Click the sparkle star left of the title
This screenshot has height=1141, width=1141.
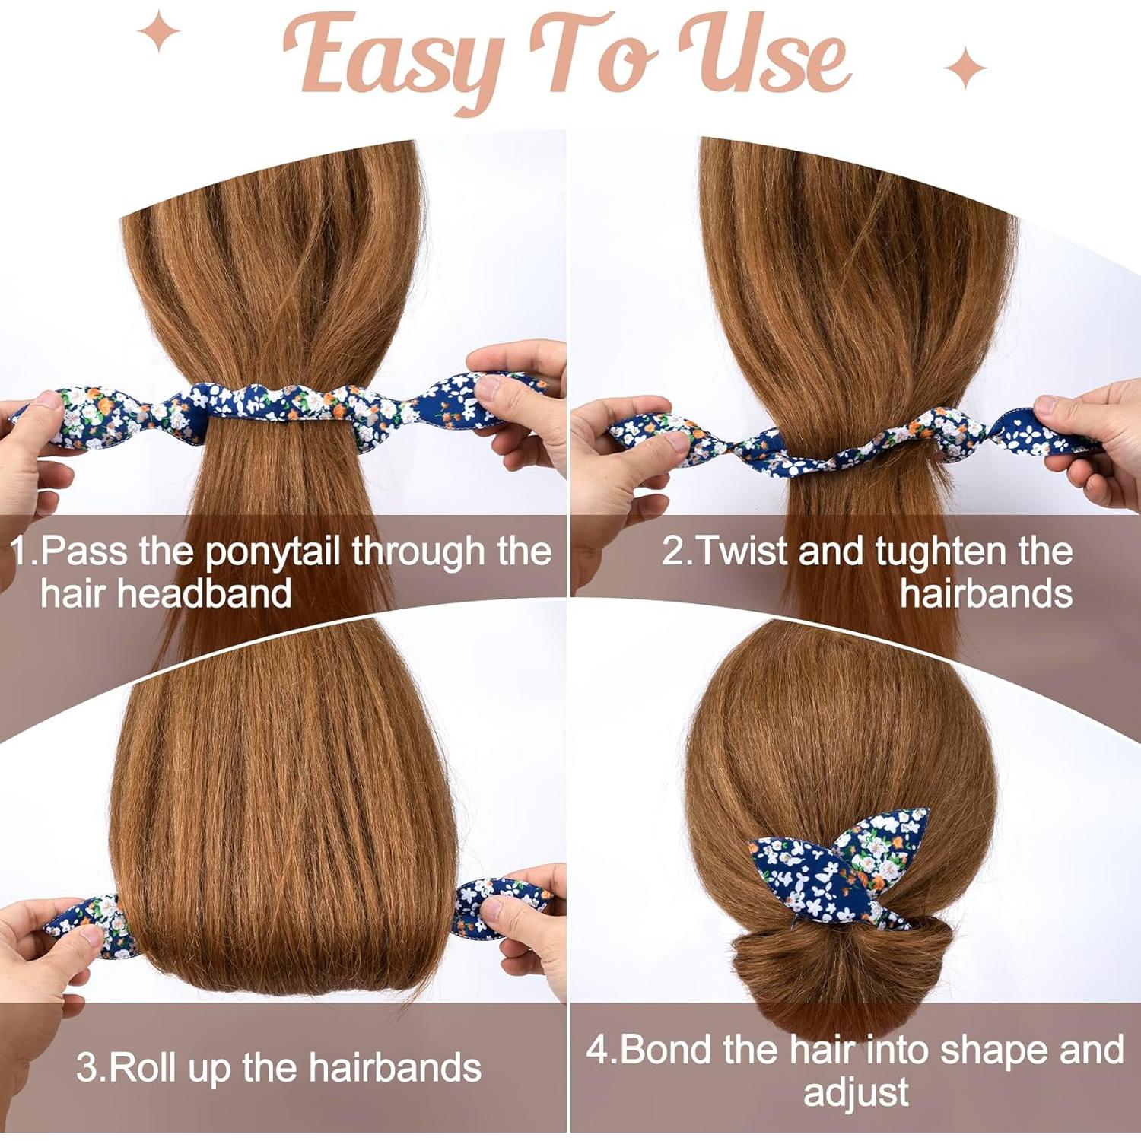click(x=158, y=31)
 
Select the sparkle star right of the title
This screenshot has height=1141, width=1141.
click(x=965, y=67)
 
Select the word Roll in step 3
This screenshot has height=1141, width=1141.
click(x=145, y=1067)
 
